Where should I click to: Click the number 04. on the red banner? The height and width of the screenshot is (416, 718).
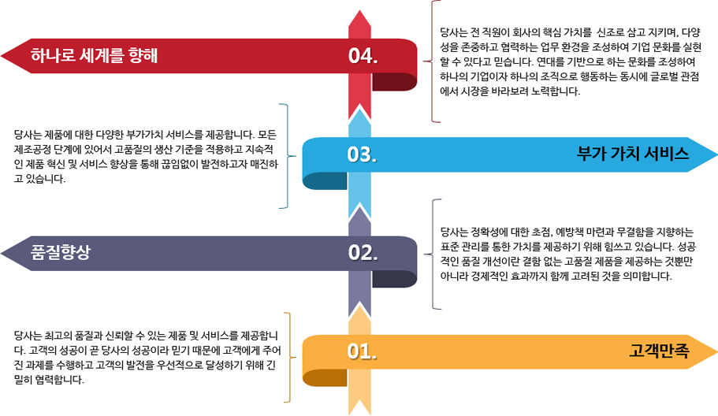pos(363,56)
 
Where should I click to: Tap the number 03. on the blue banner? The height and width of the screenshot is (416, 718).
pos(363,154)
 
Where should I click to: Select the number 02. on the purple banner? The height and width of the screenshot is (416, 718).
pos(363,253)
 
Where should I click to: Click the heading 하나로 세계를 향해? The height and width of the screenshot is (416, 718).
pos(95,56)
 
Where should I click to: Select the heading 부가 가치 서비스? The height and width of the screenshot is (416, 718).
pos(633,154)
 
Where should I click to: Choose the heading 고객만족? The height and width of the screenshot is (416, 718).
pos(660,351)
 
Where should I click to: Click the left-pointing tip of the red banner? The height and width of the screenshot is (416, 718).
pos(6,56)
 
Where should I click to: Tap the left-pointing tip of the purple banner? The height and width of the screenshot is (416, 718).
pos(6,253)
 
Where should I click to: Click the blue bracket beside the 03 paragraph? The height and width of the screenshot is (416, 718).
pos(285,155)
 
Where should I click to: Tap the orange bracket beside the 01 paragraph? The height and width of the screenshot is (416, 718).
pos(288,357)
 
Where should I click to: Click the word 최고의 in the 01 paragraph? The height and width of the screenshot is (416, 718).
pos(62,336)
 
